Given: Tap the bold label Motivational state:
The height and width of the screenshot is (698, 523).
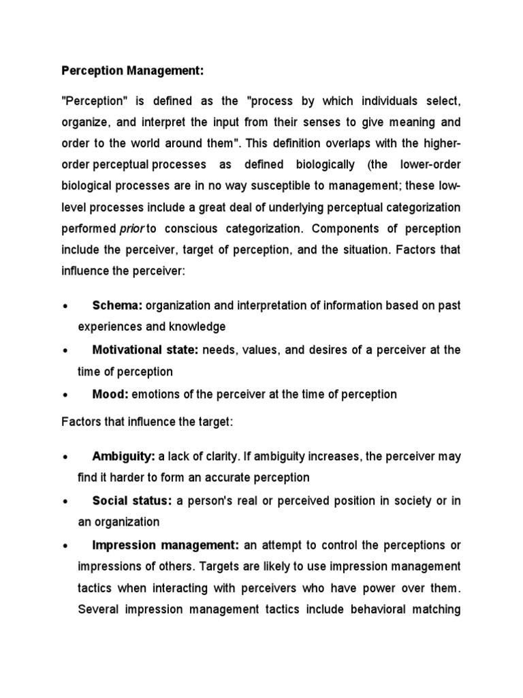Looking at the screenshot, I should click(145, 350).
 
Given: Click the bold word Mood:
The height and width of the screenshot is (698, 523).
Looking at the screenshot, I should click(110, 394).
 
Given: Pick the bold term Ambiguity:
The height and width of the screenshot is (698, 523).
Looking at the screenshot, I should click(123, 456).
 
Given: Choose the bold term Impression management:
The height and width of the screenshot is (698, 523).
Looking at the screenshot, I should click(165, 545).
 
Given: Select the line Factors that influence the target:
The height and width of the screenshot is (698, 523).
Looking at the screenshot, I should click(147, 423).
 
